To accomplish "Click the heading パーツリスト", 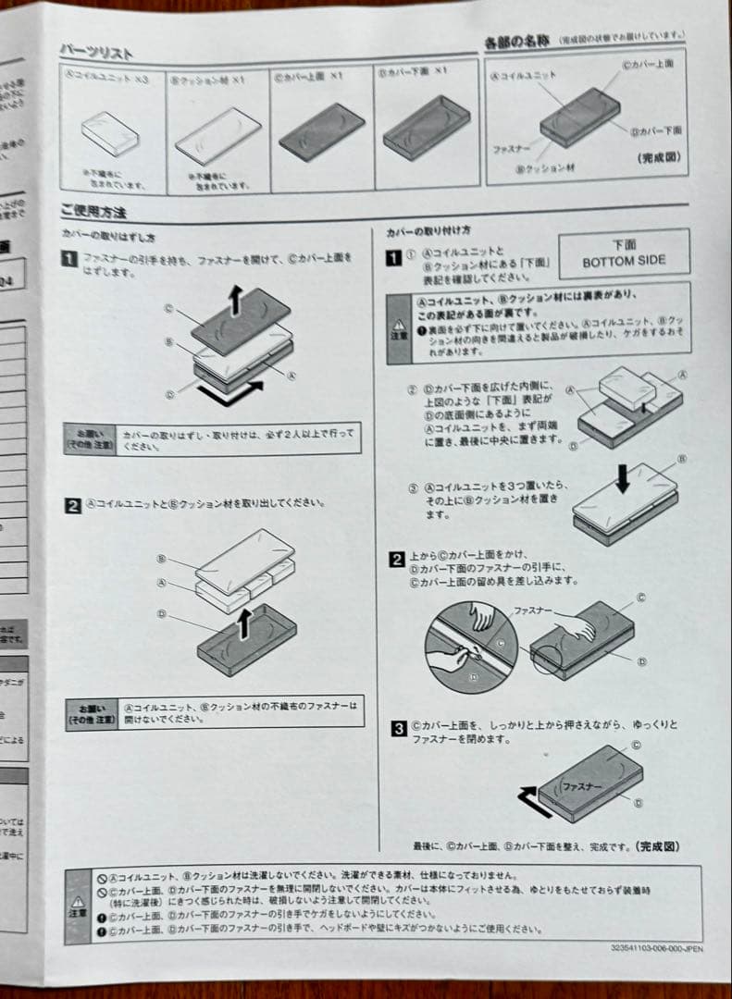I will click(x=96, y=51).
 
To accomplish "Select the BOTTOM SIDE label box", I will click(x=624, y=253).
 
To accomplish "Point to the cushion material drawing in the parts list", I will click(x=218, y=135).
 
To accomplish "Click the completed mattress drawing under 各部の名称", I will click(x=579, y=117).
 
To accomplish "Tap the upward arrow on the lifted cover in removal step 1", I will click(x=236, y=301).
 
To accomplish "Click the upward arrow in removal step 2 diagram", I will click(x=244, y=624).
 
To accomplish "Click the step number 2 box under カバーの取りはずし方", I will click(x=72, y=505).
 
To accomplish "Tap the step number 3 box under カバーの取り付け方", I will click(x=397, y=727).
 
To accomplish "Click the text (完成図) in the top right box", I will click(x=659, y=157).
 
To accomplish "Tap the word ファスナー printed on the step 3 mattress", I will click(x=582, y=785).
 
